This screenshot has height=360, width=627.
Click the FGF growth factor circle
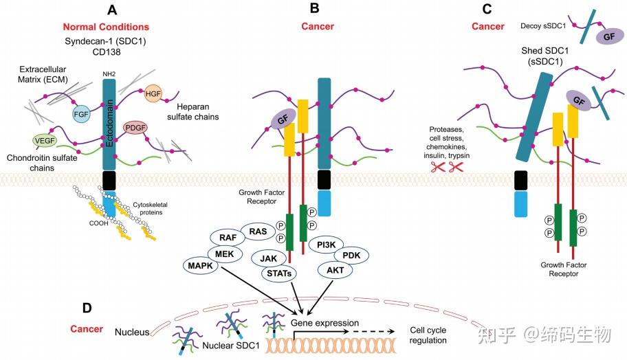click(x=80, y=114)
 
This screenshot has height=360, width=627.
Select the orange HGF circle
click(x=153, y=93)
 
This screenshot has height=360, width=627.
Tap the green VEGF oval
click(x=45, y=141)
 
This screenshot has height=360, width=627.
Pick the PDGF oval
click(x=135, y=128)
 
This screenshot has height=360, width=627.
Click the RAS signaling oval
click(x=258, y=232)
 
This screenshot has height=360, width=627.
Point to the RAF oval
click(x=228, y=238)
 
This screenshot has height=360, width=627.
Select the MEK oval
click(x=224, y=254)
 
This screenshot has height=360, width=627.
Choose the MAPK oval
click(x=200, y=265)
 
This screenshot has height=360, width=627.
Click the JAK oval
click(x=268, y=258)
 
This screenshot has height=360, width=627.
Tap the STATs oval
click(x=279, y=273)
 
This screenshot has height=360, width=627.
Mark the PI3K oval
click(x=327, y=245)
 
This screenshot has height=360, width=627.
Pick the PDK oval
click(x=351, y=256)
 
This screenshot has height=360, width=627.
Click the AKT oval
click(x=335, y=271)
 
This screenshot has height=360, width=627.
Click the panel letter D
click(x=87, y=308)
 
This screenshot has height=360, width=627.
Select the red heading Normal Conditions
click(x=106, y=27)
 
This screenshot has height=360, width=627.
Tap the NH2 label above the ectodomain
click(x=109, y=74)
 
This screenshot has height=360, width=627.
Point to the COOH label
click(x=99, y=223)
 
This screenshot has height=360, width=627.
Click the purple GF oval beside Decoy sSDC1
click(x=609, y=37)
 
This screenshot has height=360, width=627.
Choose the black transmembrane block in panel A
click(x=109, y=181)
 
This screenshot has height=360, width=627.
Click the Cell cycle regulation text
click(x=428, y=335)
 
